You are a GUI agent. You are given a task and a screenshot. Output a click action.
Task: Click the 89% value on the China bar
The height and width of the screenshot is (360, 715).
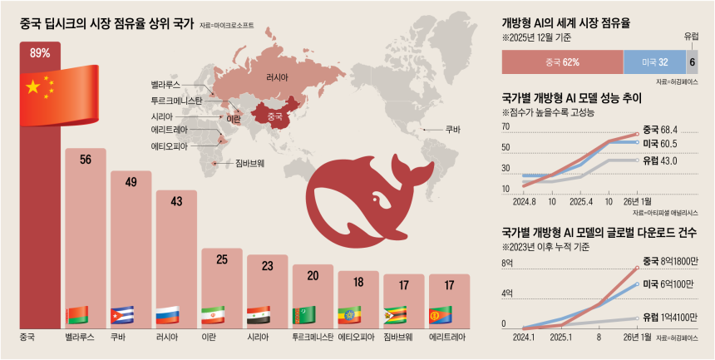(x=40, y=53)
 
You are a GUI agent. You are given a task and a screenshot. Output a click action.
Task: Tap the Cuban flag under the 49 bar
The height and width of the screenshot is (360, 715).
(x=122, y=315)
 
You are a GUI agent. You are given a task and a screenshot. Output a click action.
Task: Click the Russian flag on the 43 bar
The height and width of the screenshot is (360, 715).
(x=167, y=315)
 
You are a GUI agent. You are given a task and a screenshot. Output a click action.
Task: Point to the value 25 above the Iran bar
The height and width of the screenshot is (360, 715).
(x=222, y=259)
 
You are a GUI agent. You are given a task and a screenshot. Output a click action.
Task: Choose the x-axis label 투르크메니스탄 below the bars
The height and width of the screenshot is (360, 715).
(x=313, y=338)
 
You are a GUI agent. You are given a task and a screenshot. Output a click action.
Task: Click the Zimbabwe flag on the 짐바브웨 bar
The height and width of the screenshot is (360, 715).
(x=395, y=315)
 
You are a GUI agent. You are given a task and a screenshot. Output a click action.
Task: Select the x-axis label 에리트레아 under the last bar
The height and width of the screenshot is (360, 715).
(x=448, y=338)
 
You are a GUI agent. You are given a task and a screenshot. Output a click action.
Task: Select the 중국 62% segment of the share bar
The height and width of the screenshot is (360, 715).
(x=562, y=62)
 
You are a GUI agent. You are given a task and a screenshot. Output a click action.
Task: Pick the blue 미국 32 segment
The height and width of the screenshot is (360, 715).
(x=654, y=62)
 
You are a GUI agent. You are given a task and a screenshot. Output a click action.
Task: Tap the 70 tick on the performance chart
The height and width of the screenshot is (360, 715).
(x=505, y=127)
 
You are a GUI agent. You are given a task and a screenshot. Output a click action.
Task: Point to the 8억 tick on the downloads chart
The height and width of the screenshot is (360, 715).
(x=505, y=264)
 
